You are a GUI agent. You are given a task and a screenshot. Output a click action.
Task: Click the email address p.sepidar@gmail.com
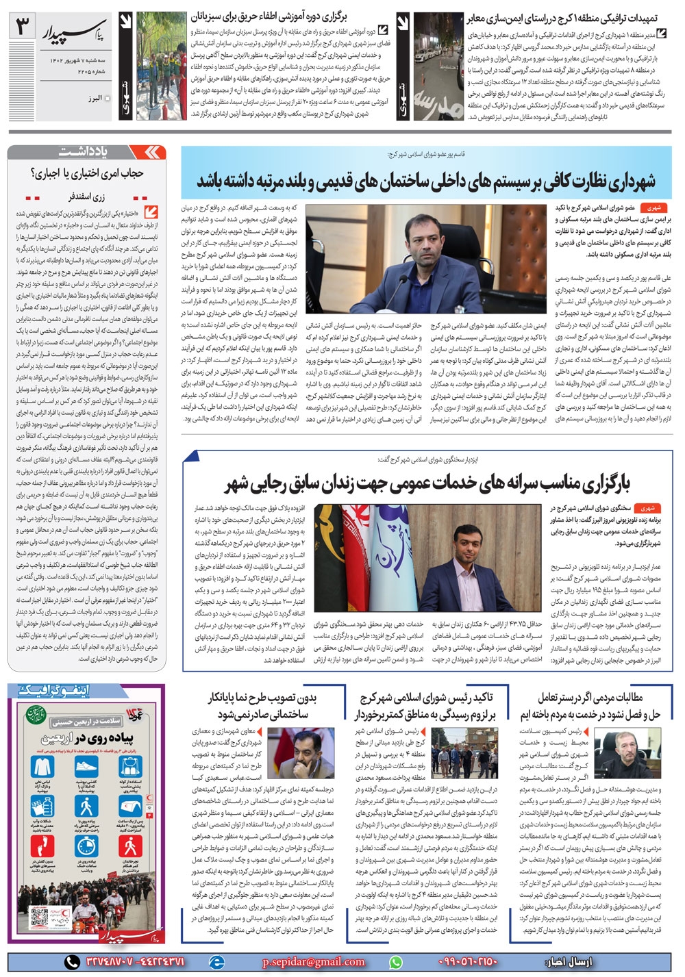coord(314,961)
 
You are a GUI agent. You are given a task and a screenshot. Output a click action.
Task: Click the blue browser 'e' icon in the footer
coord(217,961)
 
